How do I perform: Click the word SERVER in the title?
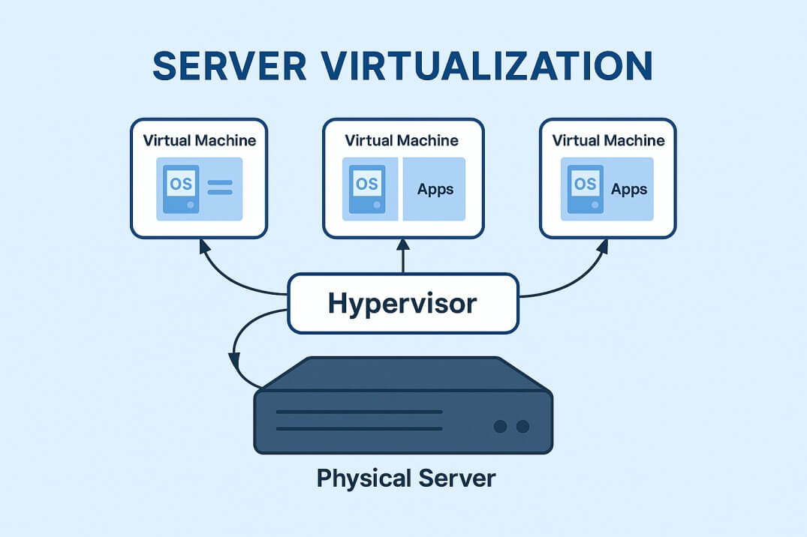[x=230, y=66]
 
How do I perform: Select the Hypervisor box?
[x=403, y=304]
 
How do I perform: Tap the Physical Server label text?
[x=406, y=478]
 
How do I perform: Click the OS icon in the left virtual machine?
[x=181, y=188]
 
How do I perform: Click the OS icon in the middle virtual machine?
[x=367, y=188]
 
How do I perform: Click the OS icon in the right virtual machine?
[x=585, y=187]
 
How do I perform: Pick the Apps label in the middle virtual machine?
[x=435, y=188]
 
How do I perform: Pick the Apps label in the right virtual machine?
[x=629, y=188]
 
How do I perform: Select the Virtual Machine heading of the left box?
[x=199, y=140]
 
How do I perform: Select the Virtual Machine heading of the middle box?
[x=402, y=140]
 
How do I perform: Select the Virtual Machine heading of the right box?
[x=608, y=140]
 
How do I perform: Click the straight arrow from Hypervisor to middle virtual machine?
[x=403, y=256]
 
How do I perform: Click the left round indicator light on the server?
[x=501, y=426]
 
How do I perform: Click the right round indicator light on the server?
[x=523, y=426]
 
